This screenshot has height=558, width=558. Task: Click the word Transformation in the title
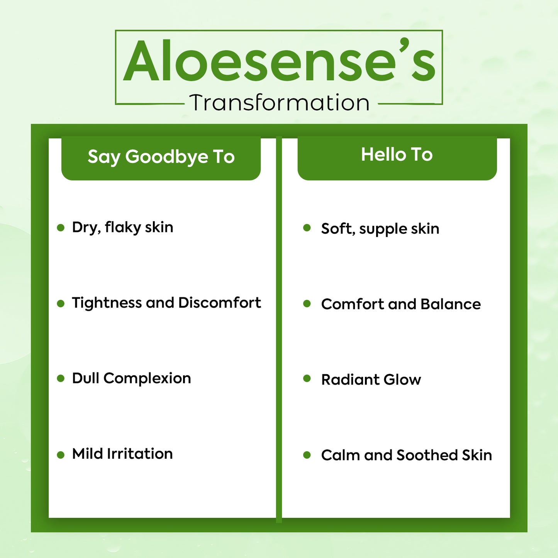tap(280, 102)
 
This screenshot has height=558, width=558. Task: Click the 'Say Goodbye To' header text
tap(161, 157)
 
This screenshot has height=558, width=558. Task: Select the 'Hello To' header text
tap(397, 154)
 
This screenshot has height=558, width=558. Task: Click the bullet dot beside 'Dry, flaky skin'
tap(61, 227)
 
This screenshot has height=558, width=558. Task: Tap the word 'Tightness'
tap(107, 303)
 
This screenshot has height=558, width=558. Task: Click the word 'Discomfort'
tap(219, 303)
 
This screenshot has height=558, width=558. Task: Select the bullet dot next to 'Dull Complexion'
tap(61, 378)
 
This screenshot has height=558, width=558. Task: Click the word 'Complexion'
tap(147, 378)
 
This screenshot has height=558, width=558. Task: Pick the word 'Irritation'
tap(140, 454)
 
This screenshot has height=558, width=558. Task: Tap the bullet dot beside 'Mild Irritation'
tap(61, 455)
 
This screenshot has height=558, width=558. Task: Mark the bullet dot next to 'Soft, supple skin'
tap(307, 227)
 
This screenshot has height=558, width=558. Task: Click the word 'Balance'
tap(451, 304)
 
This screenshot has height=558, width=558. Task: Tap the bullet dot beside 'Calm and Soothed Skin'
tap(307, 455)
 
